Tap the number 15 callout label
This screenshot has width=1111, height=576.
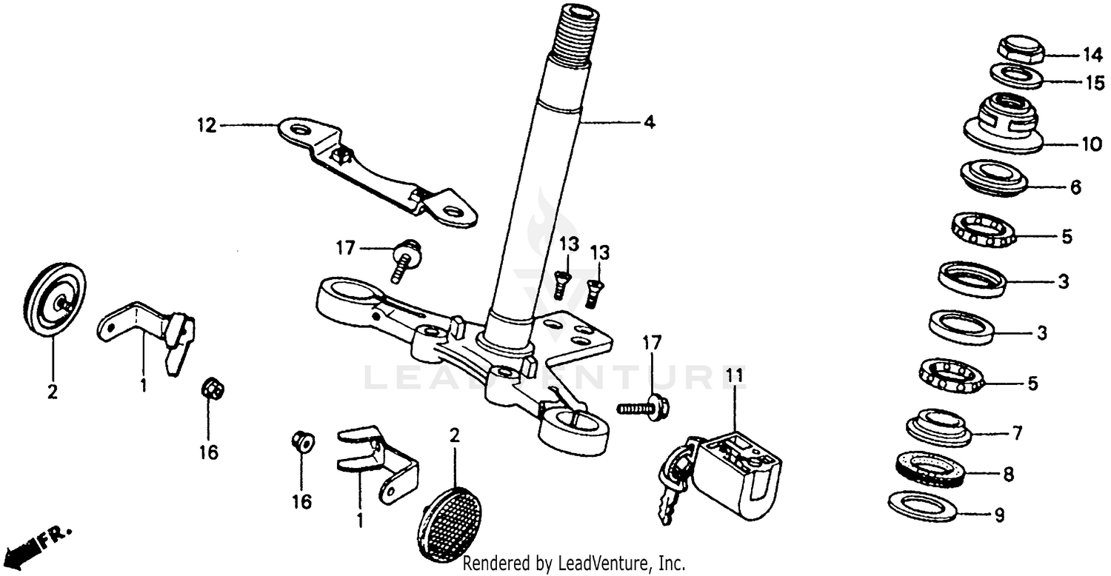1094,82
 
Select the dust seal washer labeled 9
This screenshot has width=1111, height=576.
922,506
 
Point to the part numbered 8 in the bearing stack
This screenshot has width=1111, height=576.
928,469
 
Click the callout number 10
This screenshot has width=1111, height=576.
1092,144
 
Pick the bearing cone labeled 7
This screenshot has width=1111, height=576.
938,426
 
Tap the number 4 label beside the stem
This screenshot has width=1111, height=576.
649,123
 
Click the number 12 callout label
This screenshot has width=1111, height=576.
207,126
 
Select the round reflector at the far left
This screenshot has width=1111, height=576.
56,300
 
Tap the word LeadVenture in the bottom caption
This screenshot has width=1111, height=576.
601,563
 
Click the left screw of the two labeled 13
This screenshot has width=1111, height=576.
563,284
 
